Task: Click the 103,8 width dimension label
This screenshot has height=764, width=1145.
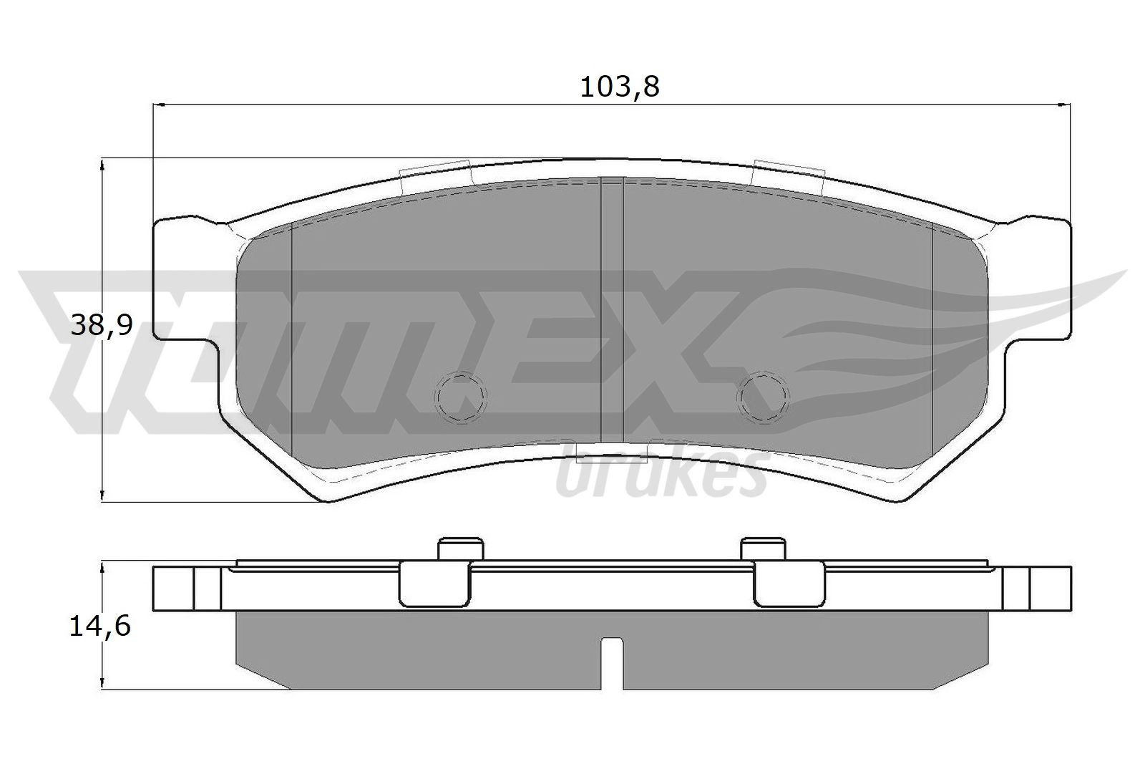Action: click(618, 87)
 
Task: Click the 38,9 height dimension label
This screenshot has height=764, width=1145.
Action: click(102, 327)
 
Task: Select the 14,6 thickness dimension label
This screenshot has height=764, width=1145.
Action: click(100, 627)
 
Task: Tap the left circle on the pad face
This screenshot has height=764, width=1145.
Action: click(462, 395)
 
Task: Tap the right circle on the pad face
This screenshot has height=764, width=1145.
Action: click(764, 395)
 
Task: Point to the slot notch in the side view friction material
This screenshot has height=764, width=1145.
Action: click(611, 662)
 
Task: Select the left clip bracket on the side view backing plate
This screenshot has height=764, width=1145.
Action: click(434, 583)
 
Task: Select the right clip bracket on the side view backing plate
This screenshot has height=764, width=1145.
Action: click(789, 583)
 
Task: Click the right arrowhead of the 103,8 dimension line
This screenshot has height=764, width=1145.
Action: click(1066, 105)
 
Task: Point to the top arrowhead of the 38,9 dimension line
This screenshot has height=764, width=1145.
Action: click(104, 165)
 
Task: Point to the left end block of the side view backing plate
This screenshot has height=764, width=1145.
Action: click(187, 589)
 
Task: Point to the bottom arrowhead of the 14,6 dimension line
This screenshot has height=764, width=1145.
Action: click(104, 683)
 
